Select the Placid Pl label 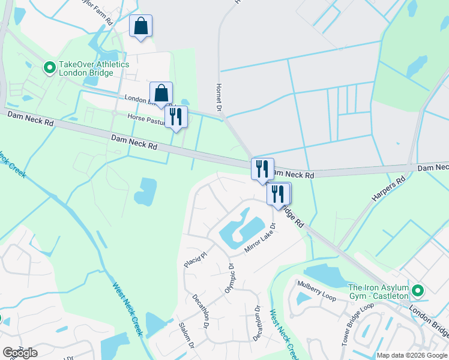[x=195, y=259]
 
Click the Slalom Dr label [x=186, y=335]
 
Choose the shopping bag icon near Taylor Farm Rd [x=141, y=26]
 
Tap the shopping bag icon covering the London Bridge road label [x=161, y=93]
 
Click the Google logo [x=20, y=353]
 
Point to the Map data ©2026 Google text [x=412, y=355]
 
